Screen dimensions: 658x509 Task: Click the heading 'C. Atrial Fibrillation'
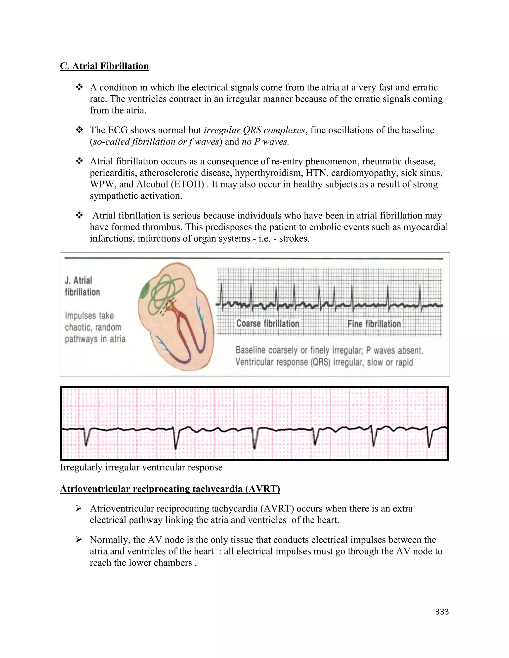point(104,66)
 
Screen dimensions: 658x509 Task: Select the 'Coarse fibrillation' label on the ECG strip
point(267,324)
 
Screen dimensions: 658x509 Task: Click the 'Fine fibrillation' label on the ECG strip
point(374,324)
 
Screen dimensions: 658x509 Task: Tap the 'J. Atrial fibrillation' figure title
point(82,286)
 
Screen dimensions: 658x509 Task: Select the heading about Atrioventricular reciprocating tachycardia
point(170,489)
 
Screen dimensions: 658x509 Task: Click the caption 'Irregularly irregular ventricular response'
point(141,467)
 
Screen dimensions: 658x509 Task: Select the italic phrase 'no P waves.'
point(265,142)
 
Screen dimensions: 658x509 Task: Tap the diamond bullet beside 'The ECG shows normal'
point(79,130)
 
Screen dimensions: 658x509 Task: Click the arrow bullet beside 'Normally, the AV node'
point(79,540)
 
